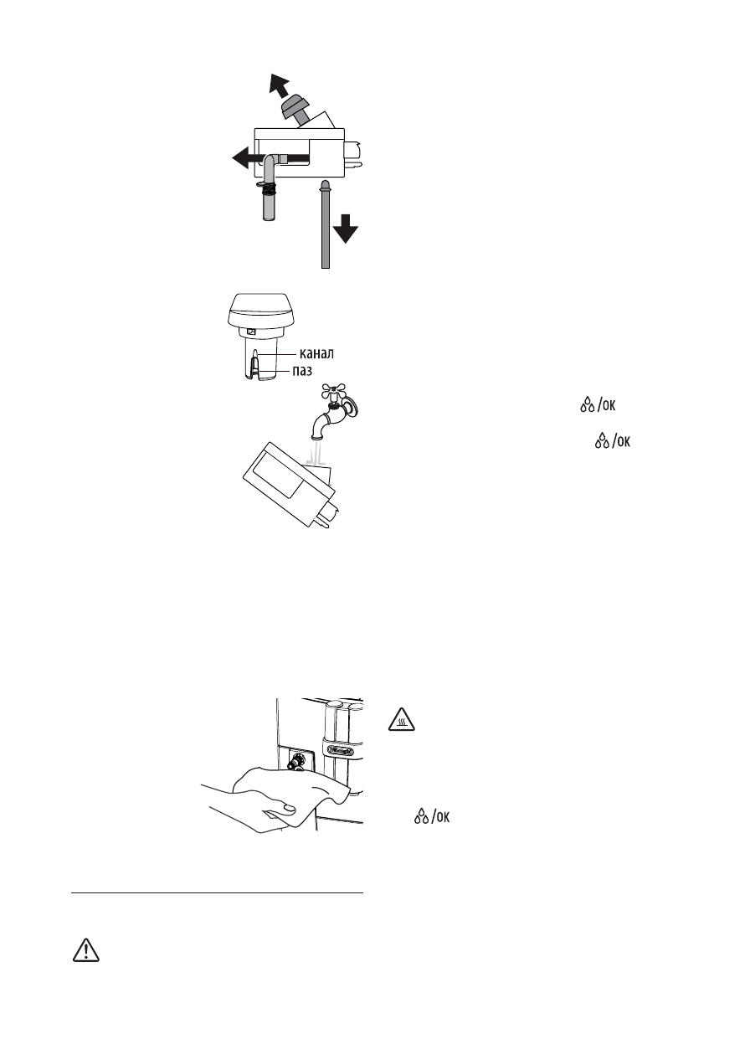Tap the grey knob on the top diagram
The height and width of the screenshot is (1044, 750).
tap(296, 108)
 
